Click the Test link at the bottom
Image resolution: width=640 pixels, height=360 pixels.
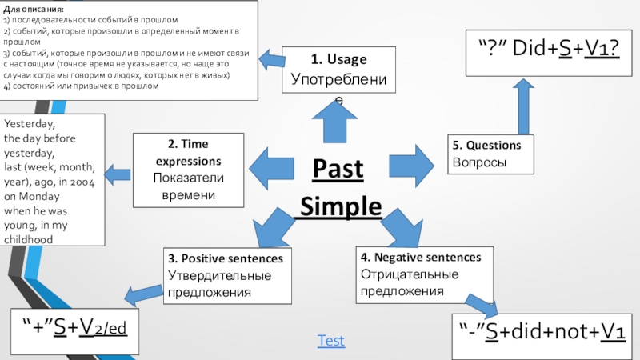[x=330, y=341]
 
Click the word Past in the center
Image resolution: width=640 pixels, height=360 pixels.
[x=337, y=169]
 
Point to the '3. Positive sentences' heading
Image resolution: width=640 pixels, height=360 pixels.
[x=225, y=259]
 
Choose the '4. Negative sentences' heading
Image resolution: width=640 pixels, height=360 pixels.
[x=421, y=257]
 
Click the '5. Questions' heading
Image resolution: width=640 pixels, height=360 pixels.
[x=486, y=145]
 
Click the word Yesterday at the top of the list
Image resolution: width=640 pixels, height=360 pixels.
[x=30, y=125]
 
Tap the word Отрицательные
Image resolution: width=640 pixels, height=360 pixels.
[x=409, y=274]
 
